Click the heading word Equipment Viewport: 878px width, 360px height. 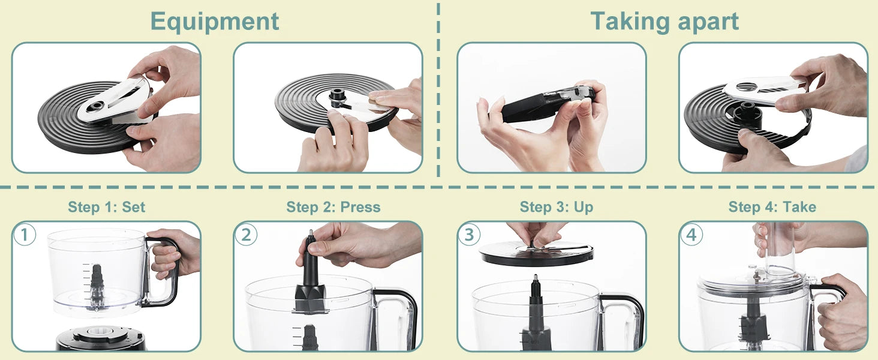[x=214, y=21]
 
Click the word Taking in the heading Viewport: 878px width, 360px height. [x=627, y=21]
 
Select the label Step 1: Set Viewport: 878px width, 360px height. [x=106, y=207]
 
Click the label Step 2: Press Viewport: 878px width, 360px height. [x=333, y=207]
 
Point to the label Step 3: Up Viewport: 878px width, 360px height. [x=556, y=207]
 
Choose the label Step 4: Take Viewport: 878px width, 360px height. [x=772, y=207]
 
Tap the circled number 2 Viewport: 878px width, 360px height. [x=246, y=235]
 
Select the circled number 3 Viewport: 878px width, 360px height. [x=469, y=235]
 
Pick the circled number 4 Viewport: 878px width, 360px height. [x=691, y=235]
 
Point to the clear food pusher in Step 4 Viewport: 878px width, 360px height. [x=780, y=252]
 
